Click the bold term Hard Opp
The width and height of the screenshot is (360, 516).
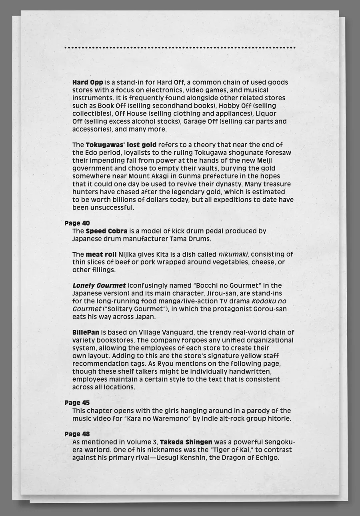tap(88, 83)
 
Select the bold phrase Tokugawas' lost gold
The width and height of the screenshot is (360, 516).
tap(121, 145)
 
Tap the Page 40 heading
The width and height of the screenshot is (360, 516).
tap(77, 223)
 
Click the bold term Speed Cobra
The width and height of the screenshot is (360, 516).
tap(106, 231)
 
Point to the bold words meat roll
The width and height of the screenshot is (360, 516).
tap(101, 254)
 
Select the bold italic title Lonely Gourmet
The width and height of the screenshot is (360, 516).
tap(99, 285)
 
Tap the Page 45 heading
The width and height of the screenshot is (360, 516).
tap(77, 403)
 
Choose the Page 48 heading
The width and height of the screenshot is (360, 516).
tap(77, 434)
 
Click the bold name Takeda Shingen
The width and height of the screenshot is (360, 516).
tap(186, 442)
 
